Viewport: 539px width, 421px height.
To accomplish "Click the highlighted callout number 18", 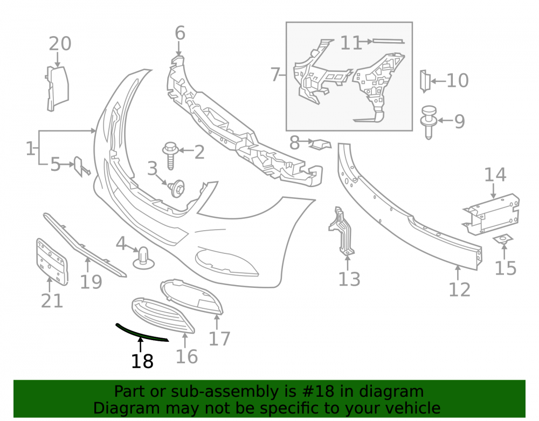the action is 142,361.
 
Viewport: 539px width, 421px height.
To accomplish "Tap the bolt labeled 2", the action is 170,156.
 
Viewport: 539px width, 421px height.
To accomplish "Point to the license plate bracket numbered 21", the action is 52,262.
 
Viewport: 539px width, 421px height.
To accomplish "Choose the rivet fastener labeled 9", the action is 429,122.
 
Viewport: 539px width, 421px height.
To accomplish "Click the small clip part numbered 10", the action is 425,81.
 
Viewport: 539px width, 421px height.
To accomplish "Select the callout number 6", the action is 180,33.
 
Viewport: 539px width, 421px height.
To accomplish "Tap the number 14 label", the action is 495,175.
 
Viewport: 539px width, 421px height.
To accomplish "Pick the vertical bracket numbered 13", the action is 342,231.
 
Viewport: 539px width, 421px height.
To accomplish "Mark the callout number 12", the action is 459,289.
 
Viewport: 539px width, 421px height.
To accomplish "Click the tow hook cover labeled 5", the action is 80,167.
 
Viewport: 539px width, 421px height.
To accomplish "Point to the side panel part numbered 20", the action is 57,88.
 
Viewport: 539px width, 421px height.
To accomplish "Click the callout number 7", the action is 275,74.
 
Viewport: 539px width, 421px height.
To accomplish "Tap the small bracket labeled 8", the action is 320,144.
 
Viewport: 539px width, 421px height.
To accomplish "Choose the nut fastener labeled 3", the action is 177,189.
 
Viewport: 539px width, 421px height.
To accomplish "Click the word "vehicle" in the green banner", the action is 413,408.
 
